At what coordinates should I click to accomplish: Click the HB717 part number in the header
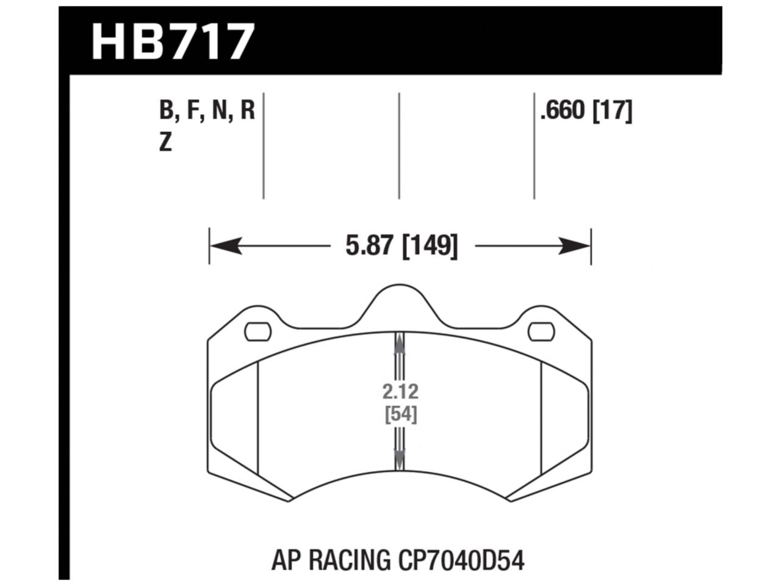point(172,41)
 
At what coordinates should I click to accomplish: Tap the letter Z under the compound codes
point(165,143)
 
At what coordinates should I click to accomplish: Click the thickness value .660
point(563,112)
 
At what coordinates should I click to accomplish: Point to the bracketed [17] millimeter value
point(612,112)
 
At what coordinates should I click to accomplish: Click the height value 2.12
point(401,391)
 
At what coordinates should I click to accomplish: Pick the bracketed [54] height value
point(401,414)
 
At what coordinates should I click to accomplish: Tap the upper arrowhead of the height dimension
point(400,345)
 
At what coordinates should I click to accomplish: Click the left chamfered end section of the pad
point(234,421)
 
